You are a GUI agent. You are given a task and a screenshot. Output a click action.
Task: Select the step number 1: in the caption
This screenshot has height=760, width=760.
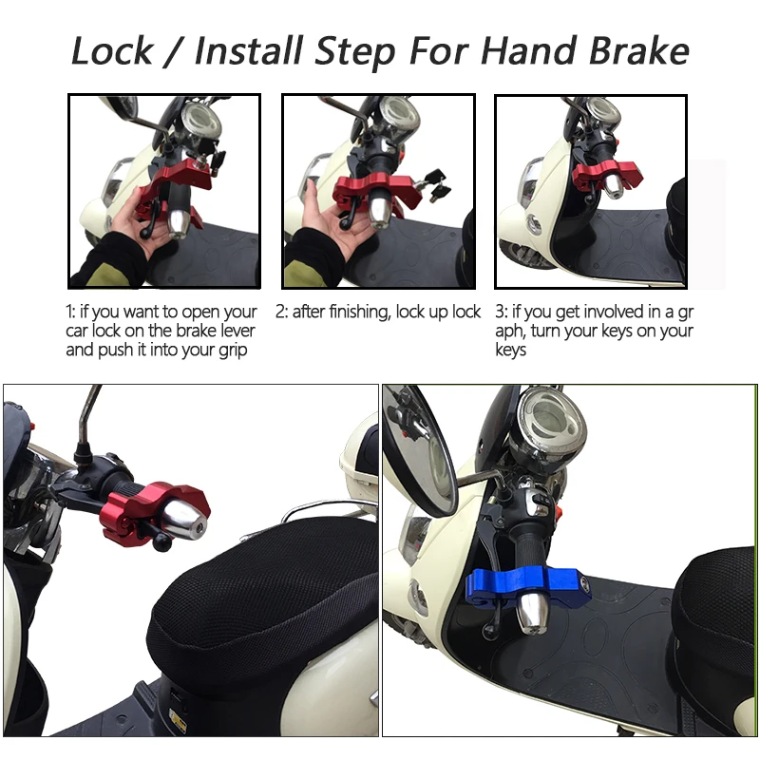pyautogui.click(x=72, y=312)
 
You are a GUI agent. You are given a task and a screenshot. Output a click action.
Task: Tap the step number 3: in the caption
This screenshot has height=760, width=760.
pyautogui.click(x=501, y=312)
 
